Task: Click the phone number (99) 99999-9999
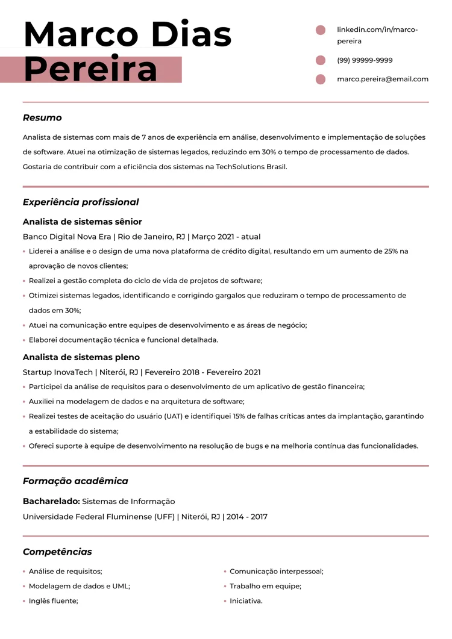(x=365, y=60)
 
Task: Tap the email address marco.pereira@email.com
(x=383, y=79)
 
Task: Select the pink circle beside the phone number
(x=321, y=60)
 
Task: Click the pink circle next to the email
(x=321, y=79)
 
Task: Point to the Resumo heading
(x=42, y=118)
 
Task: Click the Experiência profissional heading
(x=81, y=202)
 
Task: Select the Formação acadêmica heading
(x=75, y=481)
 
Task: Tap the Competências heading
(x=57, y=552)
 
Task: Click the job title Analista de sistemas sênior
(x=82, y=222)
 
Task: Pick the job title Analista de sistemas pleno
(x=81, y=357)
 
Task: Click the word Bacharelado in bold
(x=51, y=501)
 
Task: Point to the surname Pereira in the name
(x=90, y=70)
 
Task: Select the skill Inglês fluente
(x=54, y=601)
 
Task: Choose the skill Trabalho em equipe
(x=265, y=586)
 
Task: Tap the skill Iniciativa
(x=246, y=601)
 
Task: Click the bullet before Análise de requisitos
(x=24, y=572)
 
